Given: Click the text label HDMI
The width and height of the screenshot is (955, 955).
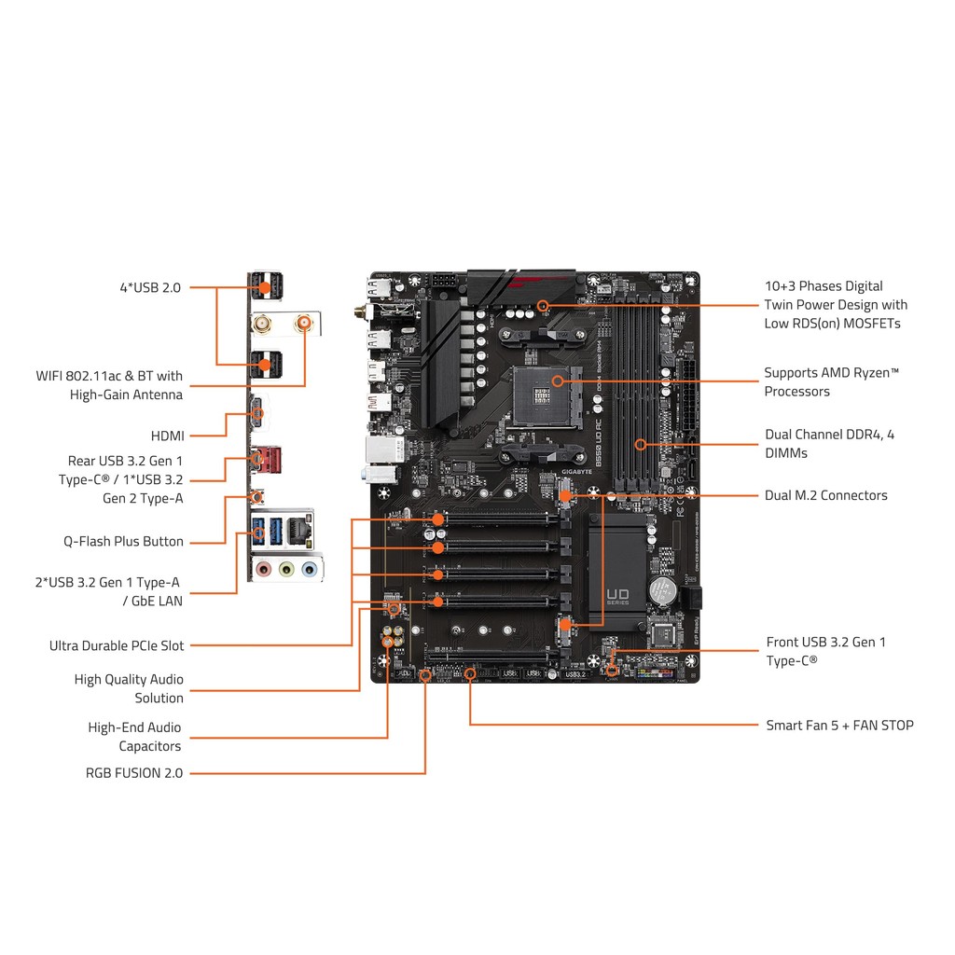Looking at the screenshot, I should [168, 436].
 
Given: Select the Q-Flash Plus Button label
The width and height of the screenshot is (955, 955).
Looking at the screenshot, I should [123, 541].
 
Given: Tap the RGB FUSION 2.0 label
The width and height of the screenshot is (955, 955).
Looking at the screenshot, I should [134, 772].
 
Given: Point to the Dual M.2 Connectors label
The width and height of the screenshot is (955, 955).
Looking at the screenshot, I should [826, 495].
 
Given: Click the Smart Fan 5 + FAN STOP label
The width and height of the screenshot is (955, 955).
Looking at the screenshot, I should [839, 725].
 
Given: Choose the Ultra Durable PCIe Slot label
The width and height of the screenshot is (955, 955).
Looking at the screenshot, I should [117, 645].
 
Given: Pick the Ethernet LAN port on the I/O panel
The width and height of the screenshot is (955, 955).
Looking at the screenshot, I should [299, 530].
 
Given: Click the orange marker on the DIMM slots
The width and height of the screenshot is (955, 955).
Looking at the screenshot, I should [641, 444].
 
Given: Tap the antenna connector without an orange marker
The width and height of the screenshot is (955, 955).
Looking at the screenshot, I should [264, 324].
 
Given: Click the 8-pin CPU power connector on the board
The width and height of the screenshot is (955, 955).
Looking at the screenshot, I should [443, 281].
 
